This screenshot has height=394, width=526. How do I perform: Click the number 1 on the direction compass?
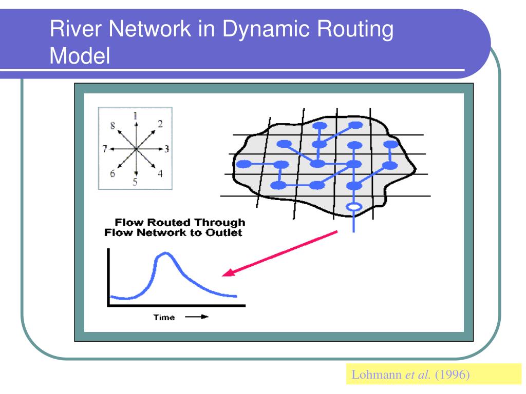(x=135, y=116)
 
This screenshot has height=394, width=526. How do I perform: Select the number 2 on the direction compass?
(x=160, y=124)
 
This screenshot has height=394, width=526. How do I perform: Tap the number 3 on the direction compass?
(x=167, y=149)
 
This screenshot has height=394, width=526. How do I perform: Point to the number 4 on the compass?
(x=160, y=173)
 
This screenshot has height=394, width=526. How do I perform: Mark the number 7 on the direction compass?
(x=104, y=149)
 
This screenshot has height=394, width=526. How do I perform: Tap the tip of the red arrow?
(x=224, y=275)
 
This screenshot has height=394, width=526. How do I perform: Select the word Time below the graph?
(x=164, y=318)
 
